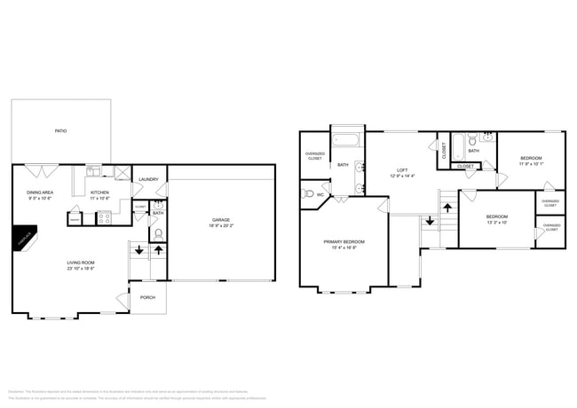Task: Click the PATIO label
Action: [x=60, y=131]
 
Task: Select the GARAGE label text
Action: [x=221, y=220]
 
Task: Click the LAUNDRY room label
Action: [x=148, y=180]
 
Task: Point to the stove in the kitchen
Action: [x=103, y=216]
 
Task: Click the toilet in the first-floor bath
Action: [x=158, y=233]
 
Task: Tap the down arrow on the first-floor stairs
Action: [x=138, y=250]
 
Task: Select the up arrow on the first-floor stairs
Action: [x=158, y=250]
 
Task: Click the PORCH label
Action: [x=148, y=297]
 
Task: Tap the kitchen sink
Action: [x=93, y=169]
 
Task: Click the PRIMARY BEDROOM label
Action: [x=344, y=241]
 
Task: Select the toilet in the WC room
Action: [x=308, y=194]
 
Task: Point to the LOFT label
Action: [x=402, y=169]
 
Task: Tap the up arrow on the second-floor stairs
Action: [x=448, y=207]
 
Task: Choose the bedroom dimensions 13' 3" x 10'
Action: [x=496, y=223]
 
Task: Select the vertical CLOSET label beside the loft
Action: [x=444, y=151]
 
